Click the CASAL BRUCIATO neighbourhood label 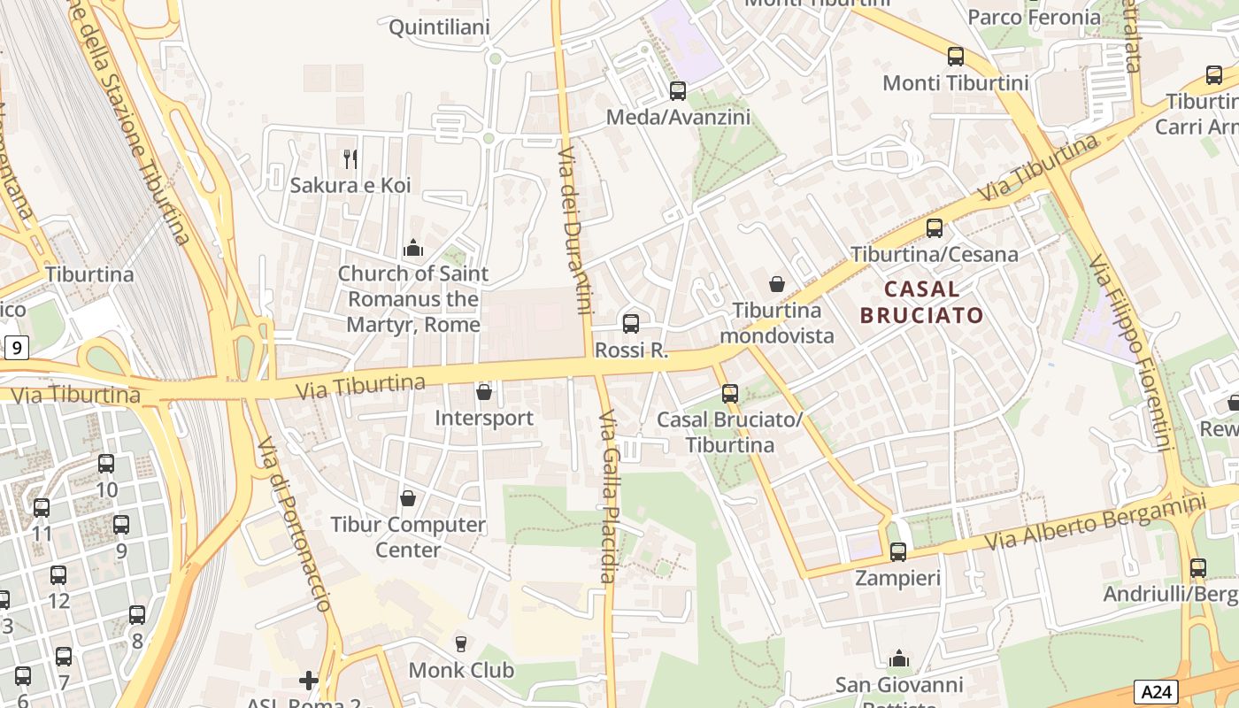[x=921, y=302]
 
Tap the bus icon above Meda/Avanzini [x=678, y=90]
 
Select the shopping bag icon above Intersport [x=484, y=391]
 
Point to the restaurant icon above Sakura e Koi [x=351, y=159]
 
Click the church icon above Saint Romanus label [x=413, y=249]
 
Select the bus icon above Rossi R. [x=631, y=324]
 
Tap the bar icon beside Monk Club [x=460, y=643]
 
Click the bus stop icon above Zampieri [x=898, y=552]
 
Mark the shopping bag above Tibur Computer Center [x=408, y=498]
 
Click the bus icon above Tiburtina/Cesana [x=935, y=228]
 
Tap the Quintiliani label [x=439, y=27]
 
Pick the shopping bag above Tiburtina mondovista [x=776, y=284]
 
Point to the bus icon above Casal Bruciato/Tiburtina [x=730, y=394]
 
